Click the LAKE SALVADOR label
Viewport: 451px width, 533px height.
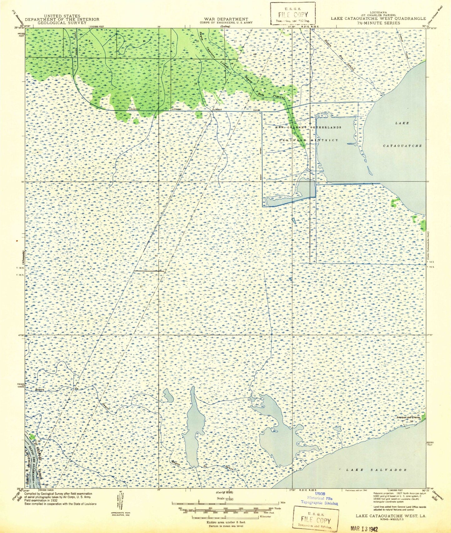coord(376,470)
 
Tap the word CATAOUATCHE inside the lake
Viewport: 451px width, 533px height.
coord(402,146)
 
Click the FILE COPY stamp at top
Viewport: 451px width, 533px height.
coord(292,14)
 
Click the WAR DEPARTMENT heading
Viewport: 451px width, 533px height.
coord(224,19)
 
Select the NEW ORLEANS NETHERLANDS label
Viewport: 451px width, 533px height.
coord(308,127)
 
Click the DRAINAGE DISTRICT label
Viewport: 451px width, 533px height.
coord(308,140)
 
